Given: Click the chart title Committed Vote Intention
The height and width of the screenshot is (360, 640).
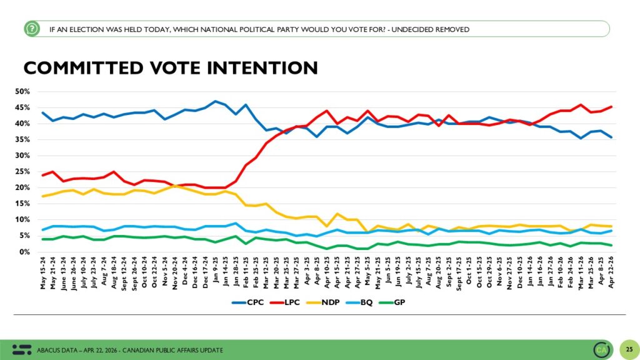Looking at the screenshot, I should tap(170, 68).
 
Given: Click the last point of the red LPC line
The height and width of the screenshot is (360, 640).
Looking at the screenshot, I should tap(611, 106).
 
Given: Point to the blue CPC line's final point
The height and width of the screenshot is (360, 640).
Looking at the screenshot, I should tap(611, 137).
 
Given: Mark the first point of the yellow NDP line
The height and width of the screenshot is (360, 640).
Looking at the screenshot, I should tap(42, 196).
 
